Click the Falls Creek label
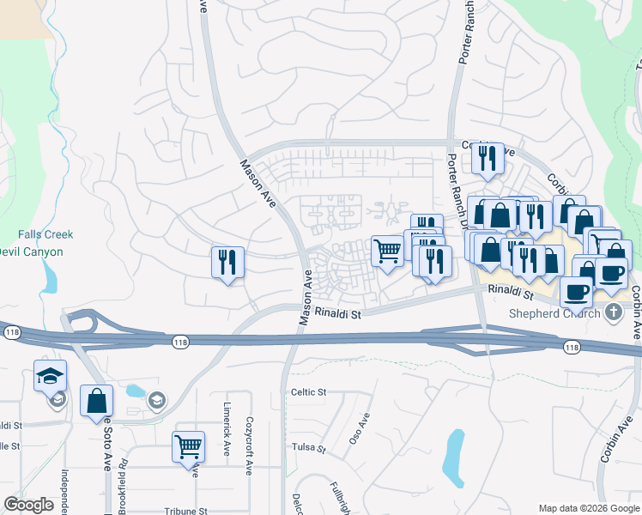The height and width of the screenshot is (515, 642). [x=45, y=234]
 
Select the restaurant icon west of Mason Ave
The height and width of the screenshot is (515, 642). [x=227, y=262]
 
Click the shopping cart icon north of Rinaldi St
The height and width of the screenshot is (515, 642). [x=387, y=251]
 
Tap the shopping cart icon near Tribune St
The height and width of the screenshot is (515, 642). [x=188, y=446]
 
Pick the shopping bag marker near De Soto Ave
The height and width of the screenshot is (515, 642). [x=96, y=400]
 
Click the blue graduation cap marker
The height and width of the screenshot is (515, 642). [x=50, y=375]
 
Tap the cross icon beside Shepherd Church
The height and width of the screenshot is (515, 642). [x=612, y=312]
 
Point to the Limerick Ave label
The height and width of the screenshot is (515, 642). [x=227, y=438]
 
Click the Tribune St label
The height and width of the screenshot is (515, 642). [x=186, y=511]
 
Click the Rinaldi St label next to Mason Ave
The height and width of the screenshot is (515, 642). [x=338, y=314]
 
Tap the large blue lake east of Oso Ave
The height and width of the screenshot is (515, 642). [x=453, y=456]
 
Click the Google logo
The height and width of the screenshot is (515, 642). [x=28, y=504]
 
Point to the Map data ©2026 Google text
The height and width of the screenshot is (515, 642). [x=589, y=508]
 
